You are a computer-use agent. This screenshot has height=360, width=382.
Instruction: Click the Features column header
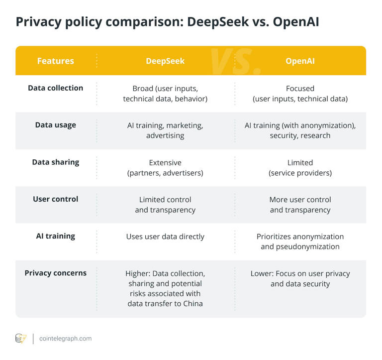(55, 61)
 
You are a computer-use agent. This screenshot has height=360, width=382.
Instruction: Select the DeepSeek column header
(165, 61)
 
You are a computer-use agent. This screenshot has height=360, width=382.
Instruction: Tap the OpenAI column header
(300, 61)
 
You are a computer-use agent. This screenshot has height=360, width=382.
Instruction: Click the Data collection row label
(55, 88)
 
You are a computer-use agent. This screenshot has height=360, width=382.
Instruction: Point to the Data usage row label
(55, 125)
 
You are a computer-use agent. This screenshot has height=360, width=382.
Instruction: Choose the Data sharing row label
(55, 162)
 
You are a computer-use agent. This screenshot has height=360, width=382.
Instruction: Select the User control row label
(55, 199)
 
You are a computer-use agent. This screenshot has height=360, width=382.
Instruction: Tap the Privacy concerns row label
(55, 273)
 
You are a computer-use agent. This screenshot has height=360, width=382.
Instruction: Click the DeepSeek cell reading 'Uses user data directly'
(165, 237)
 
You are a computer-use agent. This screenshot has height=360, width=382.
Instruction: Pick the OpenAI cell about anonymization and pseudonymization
(300, 241)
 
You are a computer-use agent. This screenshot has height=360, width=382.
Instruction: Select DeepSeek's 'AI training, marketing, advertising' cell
(165, 130)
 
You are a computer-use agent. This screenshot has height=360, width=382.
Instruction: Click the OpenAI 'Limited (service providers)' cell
(300, 168)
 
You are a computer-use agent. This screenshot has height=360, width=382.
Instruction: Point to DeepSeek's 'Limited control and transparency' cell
(165, 205)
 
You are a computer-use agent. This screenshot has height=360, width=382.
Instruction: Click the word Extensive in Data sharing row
(165, 163)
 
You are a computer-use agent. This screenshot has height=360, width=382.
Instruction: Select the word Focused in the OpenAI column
(300, 89)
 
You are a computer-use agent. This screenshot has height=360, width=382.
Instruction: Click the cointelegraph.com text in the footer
(65, 339)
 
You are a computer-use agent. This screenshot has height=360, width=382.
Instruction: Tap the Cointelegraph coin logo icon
(21, 339)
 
